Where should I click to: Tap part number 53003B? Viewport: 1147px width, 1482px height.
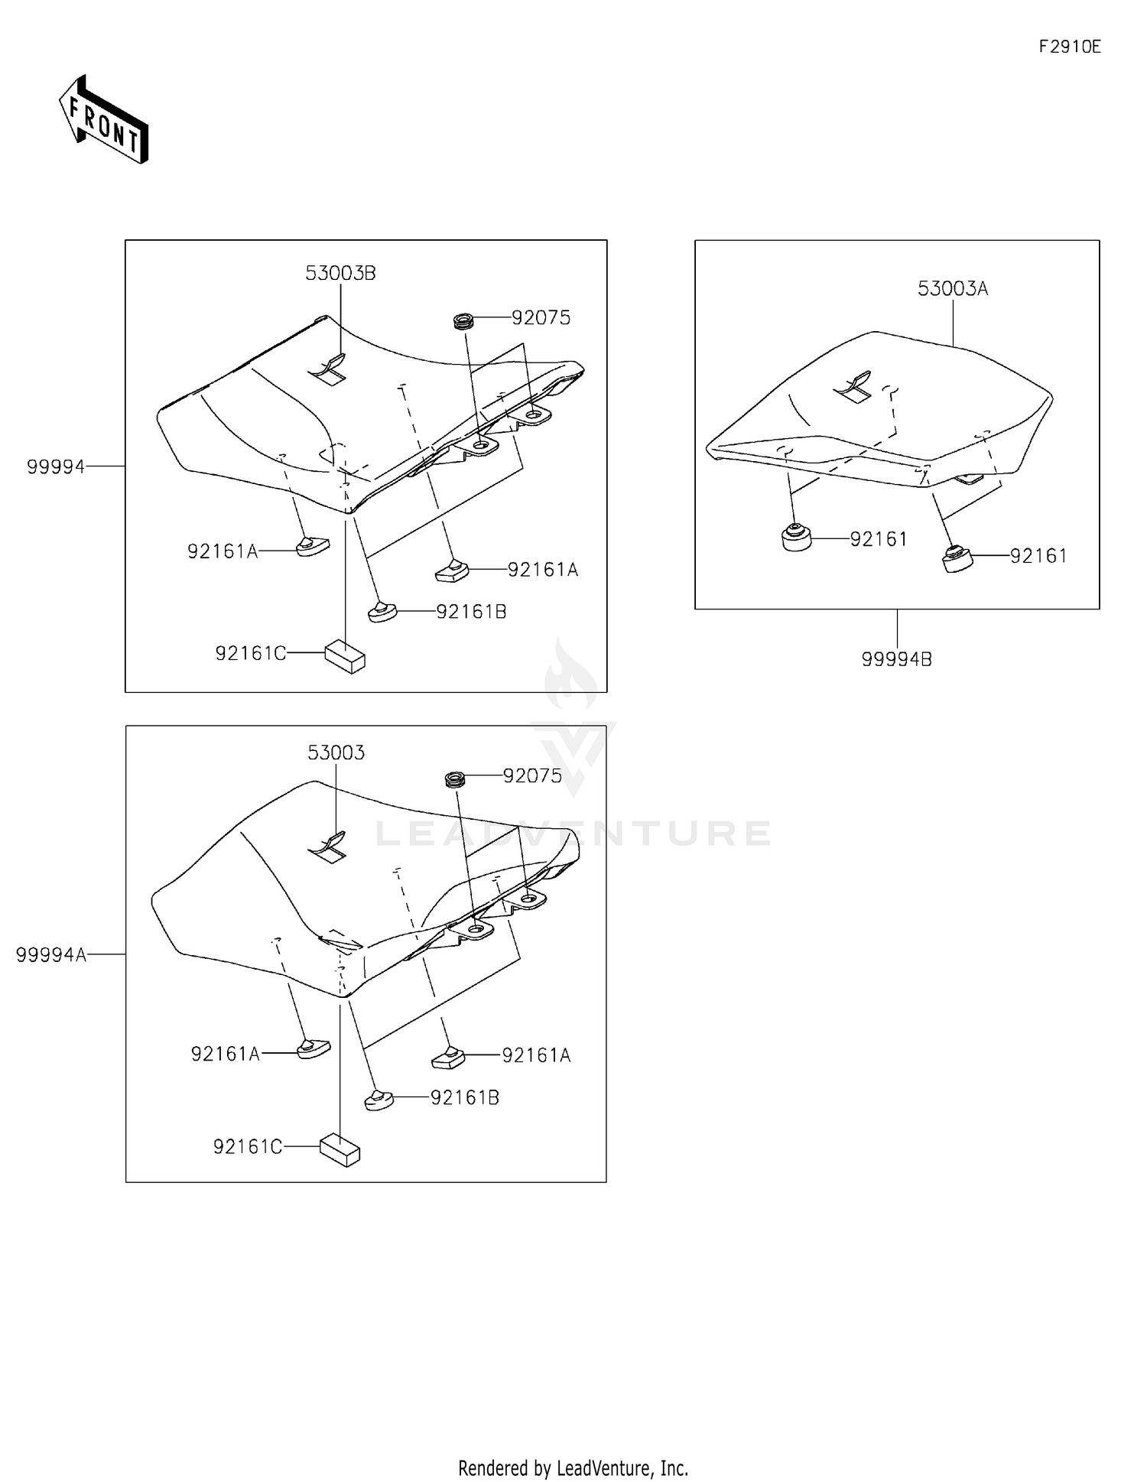pos(340,274)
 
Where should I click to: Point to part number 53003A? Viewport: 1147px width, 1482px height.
pos(952,289)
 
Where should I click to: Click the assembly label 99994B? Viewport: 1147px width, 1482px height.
pos(896,659)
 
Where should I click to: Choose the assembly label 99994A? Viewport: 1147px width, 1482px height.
pos(51,954)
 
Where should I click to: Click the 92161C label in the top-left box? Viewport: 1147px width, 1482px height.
pos(250,654)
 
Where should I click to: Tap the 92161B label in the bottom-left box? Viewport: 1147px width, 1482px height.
pos(464,1098)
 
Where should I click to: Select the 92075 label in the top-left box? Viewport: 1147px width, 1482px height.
pos(541,318)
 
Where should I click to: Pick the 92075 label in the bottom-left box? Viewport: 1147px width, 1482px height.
pos(532,776)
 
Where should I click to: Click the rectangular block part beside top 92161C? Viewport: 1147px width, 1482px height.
pos(345,657)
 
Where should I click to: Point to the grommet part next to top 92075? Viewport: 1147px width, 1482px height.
pos(462,321)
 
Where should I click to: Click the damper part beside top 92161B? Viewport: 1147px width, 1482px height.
pos(381,611)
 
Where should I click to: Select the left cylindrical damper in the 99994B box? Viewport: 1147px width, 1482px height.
pos(797,538)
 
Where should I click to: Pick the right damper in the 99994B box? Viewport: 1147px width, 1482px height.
pos(957,559)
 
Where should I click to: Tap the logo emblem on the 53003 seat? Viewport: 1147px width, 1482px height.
pos(327,846)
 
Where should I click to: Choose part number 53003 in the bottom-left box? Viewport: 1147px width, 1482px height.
pos(336,753)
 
